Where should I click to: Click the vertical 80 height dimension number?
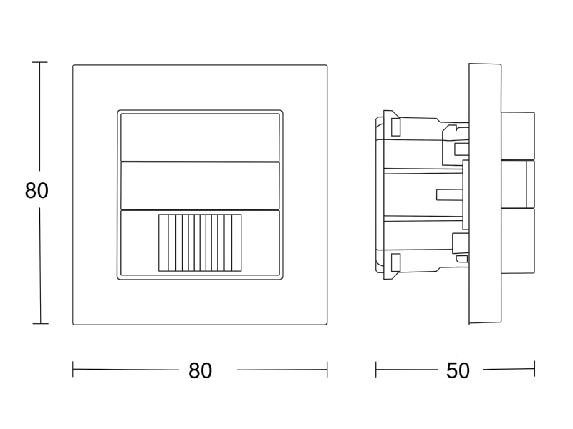pos(37,190)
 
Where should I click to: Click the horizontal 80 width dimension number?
pos(200,370)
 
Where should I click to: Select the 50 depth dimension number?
pos(458,370)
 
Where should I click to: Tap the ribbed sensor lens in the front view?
pos(200,243)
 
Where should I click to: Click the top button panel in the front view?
pos(200,137)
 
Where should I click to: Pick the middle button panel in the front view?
pos(200,186)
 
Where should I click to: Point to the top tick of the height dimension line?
pos(39,62)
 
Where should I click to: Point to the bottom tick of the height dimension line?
pos(40,323)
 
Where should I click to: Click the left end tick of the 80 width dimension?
pos(73,369)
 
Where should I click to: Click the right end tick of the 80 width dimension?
pos(327,369)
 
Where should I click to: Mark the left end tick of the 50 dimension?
pos(375,369)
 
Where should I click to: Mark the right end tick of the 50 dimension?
pos(534,369)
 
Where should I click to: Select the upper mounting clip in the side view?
pos(395,127)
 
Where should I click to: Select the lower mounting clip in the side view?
pos(395,262)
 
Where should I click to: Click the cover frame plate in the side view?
pos(485,194)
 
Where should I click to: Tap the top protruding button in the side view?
pos(518,136)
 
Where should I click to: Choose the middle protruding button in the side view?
pos(518,184)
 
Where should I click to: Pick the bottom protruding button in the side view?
pos(518,240)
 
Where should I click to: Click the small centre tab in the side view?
pos(450,194)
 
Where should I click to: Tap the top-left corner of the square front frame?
pos(73,65)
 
